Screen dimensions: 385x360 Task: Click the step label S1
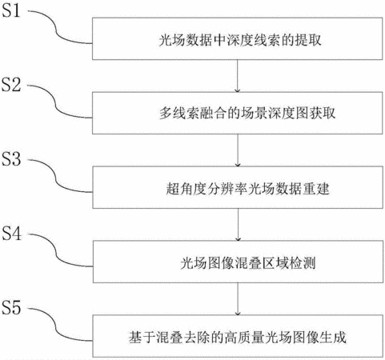point(11,10)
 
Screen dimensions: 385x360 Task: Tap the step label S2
point(11,85)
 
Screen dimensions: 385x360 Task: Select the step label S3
point(11,159)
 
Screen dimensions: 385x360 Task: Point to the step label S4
point(11,234)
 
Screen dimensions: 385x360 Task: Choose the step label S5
point(11,307)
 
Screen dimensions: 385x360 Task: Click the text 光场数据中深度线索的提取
point(240,41)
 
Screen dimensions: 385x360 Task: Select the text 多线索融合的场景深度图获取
point(247,113)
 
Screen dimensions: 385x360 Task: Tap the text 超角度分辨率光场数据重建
point(248,189)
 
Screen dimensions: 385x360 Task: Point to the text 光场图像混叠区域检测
point(248,263)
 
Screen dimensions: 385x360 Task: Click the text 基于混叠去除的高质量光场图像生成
point(238,337)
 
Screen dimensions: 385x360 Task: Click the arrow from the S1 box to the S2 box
point(237,76)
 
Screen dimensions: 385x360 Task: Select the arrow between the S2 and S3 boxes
point(238,150)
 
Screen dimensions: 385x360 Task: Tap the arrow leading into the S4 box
point(238,225)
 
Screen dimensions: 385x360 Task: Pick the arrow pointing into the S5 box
point(238,299)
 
